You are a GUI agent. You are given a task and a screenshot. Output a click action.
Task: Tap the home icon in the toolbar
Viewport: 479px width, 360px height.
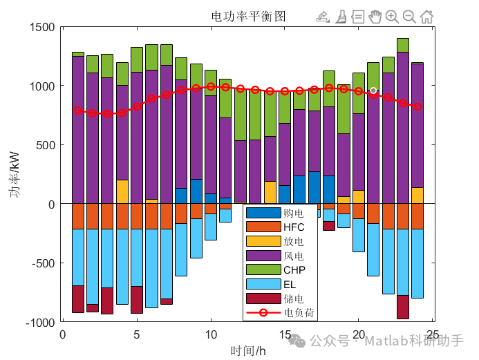(x=427, y=17)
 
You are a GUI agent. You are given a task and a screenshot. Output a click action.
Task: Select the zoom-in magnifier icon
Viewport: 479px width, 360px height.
(x=392, y=17)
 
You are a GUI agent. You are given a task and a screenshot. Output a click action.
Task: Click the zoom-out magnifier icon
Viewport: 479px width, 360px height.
(x=409, y=17)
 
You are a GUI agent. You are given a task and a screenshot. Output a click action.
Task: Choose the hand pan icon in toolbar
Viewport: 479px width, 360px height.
(x=375, y=17)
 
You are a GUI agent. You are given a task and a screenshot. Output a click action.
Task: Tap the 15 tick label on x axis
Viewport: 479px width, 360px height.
(x=284, y=335)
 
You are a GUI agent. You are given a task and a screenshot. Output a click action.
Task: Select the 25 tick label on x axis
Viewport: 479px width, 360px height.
(x=432, y=335)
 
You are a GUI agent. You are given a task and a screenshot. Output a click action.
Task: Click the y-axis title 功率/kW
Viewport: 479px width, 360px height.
(x=15, y=174)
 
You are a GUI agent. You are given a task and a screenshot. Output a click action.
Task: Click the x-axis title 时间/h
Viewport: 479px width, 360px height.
(x=248, y=350)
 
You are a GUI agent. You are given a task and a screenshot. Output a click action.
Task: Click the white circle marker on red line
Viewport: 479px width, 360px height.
(x=373, y=91)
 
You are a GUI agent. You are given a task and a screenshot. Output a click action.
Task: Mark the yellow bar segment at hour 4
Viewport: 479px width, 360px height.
(x=122, y=191)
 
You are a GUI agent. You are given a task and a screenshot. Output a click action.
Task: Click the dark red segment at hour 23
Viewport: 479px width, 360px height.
(x=403, y=307)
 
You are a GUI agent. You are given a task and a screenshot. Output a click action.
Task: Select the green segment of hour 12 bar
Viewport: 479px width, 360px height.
(x=240, y=115)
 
